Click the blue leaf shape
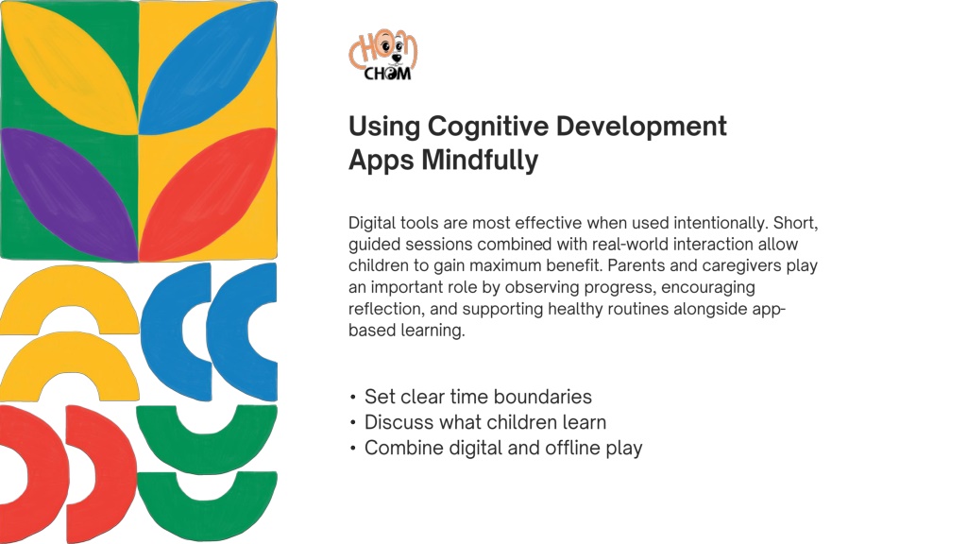207,68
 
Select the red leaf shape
207,195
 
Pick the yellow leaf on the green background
69,68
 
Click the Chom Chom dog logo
383,55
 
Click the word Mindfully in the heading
480,161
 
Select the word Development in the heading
641,127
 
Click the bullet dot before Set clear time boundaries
353,398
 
